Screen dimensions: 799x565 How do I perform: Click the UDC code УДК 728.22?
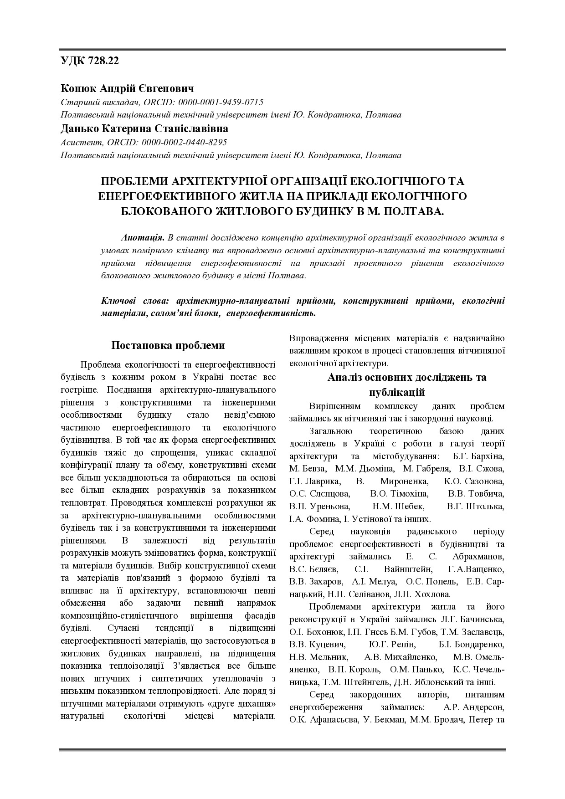point(90,61)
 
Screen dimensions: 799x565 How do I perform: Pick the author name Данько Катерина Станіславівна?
point(144,128)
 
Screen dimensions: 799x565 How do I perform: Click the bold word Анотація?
point(143,238)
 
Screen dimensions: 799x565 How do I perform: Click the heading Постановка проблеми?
point(168,345)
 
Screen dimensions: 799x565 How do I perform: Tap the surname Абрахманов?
point(478,557)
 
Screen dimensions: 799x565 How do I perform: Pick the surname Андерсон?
point(483,707)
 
